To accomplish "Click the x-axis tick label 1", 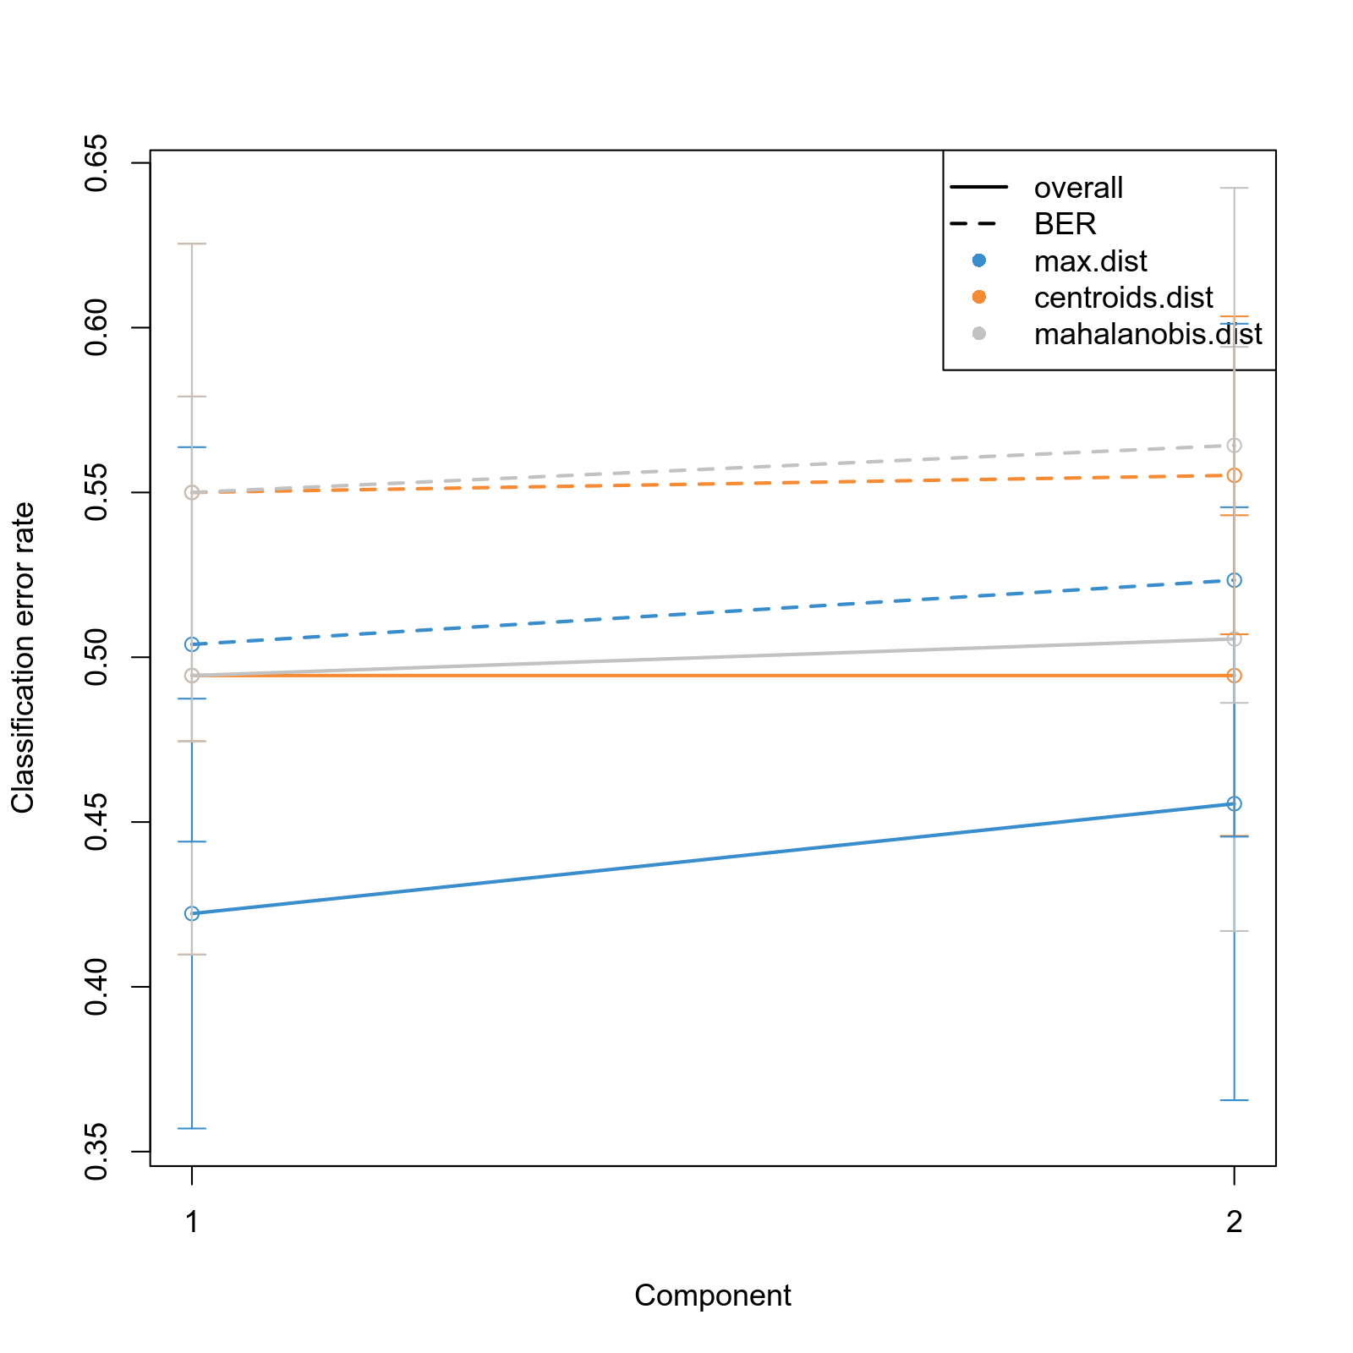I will tap(192, 1222).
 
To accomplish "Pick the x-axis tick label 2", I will tap(1235, 1222).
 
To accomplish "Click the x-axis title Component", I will tap(712, 1295).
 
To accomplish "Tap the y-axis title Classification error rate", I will tap(23, 658).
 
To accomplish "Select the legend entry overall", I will tap(1078, 188).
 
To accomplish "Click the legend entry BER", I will tap(1065, 224).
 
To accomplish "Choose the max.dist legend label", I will tap(1090, 261).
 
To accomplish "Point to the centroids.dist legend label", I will tap(1123, 298).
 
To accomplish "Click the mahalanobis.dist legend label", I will tap(1148, 334).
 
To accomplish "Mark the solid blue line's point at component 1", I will tap(192, 913).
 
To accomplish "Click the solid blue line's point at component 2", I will tap(1235, 803).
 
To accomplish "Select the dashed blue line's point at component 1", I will tap(192, 644).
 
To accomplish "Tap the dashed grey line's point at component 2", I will tap(1235, 446).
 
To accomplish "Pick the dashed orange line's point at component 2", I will tap(1235, 475).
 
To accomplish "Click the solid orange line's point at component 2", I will tap(1235, 676).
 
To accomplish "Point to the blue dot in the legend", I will tap(979, 260).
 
